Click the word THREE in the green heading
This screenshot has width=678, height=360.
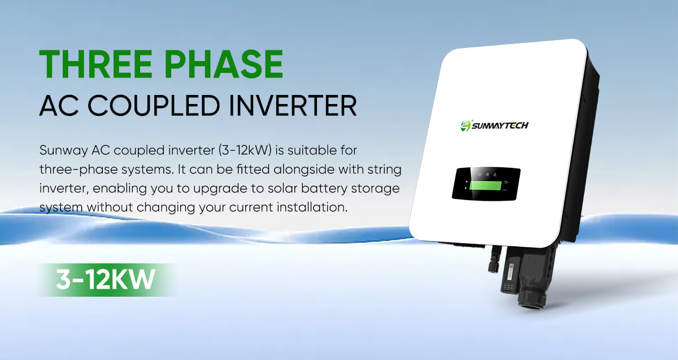point(95,64)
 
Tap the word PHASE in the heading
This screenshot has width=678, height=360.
point(224,64)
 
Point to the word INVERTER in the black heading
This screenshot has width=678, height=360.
point(293,106)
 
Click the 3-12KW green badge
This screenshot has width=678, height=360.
point(106,279)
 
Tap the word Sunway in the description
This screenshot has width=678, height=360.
point(63,151)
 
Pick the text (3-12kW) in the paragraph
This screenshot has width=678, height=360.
point(245,150)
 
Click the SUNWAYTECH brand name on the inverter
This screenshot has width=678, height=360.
point(500,125)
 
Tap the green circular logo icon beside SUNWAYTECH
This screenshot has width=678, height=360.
point(466,125)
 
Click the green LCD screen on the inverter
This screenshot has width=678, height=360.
point(485,185)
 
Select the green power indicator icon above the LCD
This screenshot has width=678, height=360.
point(480,175)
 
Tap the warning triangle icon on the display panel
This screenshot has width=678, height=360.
point(495,175)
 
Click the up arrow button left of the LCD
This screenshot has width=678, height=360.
point(467,182)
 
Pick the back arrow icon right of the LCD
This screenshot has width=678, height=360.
point(506,183)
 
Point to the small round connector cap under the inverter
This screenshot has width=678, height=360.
point(493,266)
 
